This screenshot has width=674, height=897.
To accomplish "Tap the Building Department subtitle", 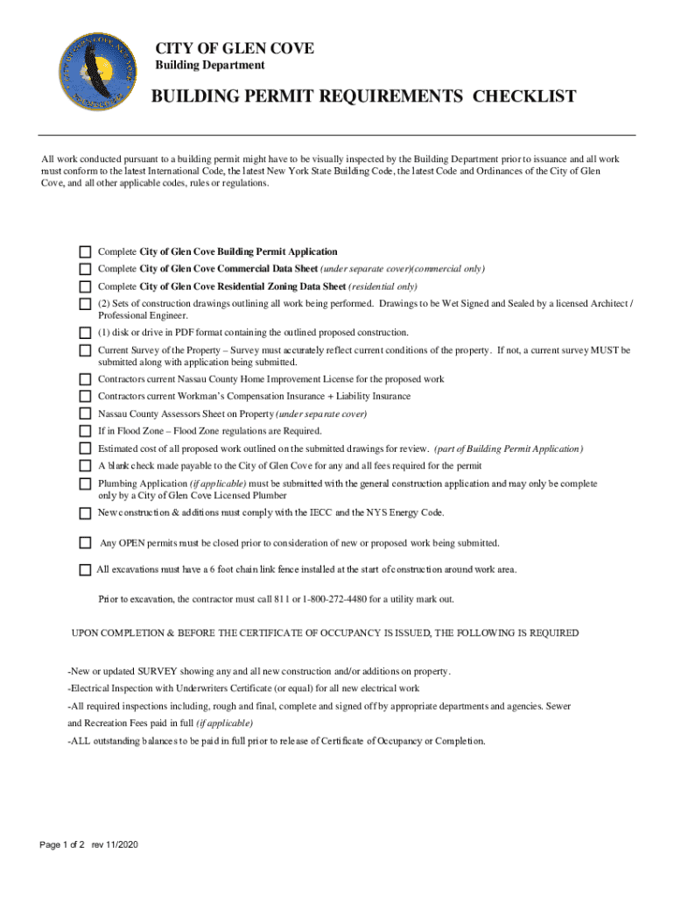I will (x=210, y=66).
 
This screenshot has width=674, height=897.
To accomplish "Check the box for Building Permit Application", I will (x=85, y=252).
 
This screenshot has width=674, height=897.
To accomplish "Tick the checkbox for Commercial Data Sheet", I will (x=85, y=269).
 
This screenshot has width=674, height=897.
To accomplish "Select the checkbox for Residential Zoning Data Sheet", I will (x=85, y=286).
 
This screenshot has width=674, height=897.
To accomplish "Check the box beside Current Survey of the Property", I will (x=85, y=350).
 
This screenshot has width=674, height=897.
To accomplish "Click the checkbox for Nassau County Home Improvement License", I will (x=85, y=379).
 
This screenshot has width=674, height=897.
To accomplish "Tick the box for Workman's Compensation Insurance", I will (x=85, y=397).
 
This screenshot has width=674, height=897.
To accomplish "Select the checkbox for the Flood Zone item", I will (x=85, y=431).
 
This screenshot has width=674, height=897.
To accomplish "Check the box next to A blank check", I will (x=85, y=466).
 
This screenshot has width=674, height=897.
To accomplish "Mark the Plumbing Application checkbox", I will (x=85, y=484).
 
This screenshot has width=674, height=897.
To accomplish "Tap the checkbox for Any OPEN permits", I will (x=85, y=543).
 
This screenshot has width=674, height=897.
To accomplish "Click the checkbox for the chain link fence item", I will (x=85, y=569).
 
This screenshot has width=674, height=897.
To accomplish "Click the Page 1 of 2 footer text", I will (x=61, y=844).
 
